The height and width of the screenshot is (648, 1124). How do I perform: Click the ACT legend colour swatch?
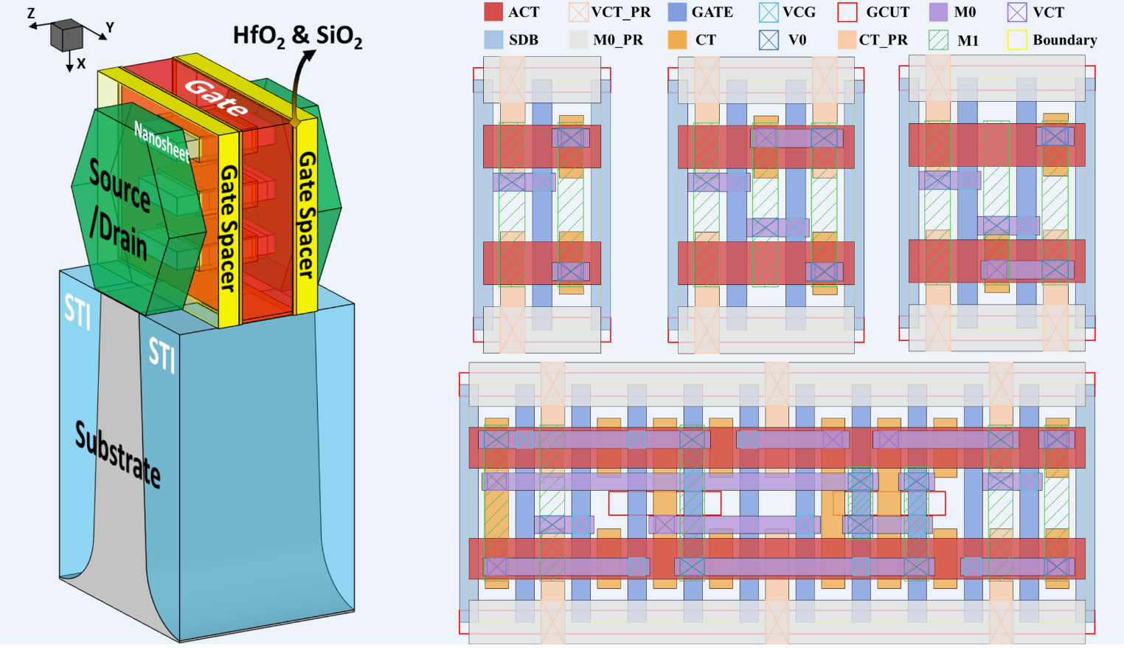click(493, 12)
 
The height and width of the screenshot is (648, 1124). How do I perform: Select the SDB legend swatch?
click(493, 40)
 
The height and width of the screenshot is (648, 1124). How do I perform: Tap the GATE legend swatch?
click(677, 12)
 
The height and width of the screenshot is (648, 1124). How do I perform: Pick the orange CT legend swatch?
click(677, 40)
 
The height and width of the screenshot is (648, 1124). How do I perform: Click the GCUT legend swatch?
click(847, 12)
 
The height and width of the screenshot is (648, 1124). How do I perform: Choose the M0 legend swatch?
click(938, 12)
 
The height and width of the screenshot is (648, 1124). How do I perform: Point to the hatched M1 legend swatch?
click(938, 40)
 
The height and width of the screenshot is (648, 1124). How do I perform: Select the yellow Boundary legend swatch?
click(1017, 40)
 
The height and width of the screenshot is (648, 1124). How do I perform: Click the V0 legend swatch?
click(769, 40)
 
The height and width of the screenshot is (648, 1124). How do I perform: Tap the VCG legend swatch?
click(769, 12)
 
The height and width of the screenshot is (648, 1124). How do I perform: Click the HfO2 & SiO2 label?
click(297, 35)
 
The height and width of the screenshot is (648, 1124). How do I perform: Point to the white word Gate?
click(215, 97)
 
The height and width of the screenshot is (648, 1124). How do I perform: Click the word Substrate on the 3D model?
click(117, 454)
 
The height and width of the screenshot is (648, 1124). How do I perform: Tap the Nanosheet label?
click(162, 141)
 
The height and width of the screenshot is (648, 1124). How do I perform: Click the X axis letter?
click(81, 64)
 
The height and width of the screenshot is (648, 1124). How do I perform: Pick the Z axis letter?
click(31, 13)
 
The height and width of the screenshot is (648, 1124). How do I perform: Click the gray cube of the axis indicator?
click(66, 35)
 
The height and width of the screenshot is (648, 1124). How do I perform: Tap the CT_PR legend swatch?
click(847, 40)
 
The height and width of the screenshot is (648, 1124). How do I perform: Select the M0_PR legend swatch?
click(578, 40)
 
